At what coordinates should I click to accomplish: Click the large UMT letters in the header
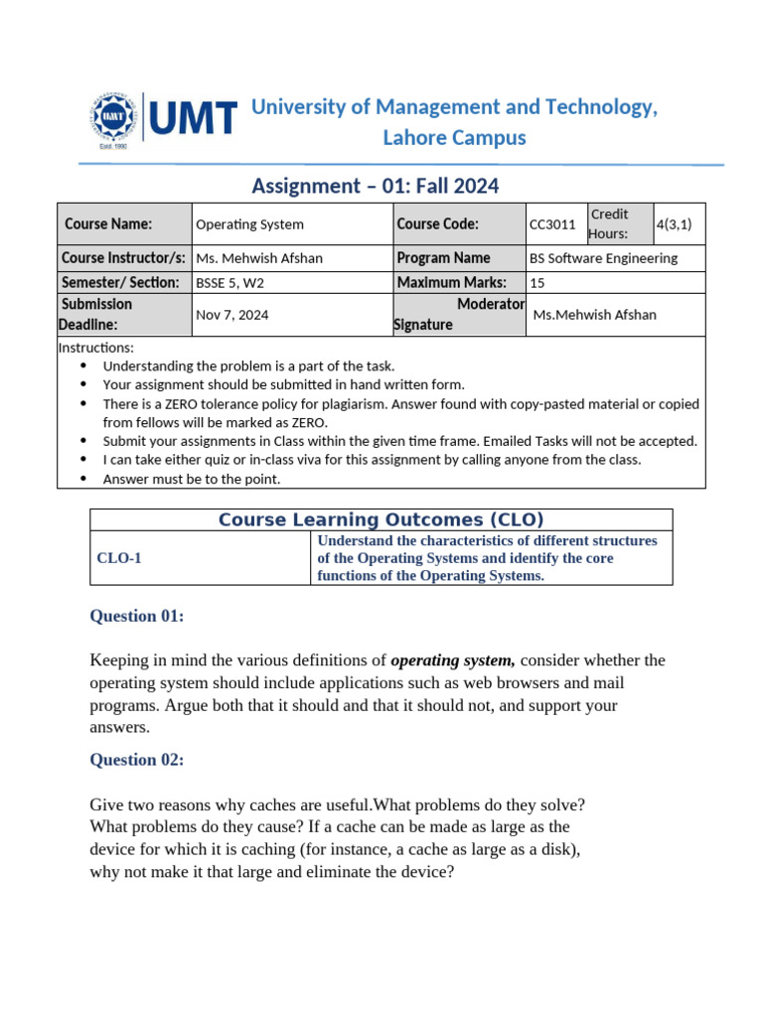click(194, 118)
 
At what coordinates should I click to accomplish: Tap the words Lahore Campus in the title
click(454, 138)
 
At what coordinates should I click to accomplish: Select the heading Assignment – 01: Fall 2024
click(375, 186)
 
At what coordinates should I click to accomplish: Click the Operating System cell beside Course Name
click(249, 224)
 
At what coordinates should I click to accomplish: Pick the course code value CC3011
click(552, 224)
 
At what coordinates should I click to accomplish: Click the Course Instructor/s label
click(123, 258)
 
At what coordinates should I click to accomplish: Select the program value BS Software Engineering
click(604, 258)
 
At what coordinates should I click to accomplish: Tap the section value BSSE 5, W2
click(229, 282)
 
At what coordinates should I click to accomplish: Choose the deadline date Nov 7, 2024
click(231, 315)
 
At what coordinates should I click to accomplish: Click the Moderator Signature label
click(459, 314)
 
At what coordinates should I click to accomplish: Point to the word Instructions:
click(95, 348)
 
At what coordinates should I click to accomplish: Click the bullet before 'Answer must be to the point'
click(81, 479)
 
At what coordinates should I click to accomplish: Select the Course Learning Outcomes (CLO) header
click(381, 519)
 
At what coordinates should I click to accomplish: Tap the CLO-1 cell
click(119, 558)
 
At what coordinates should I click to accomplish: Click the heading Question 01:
click(136, 616)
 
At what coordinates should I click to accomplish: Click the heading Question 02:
click(136, 760)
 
